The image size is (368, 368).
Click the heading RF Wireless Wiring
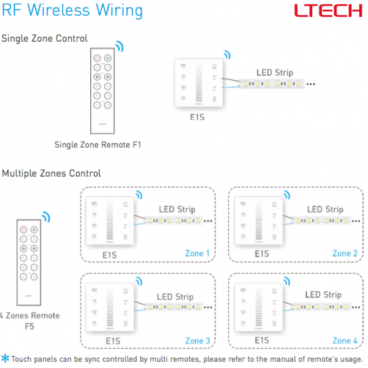click(x=72, y=11)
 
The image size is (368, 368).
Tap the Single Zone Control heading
click(x=44, y=39)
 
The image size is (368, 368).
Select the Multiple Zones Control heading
click(x=52, y=174)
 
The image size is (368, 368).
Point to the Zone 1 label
click(x=197, y=253)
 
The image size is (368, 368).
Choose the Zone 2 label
click(x=345, y=253)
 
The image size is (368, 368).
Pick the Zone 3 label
click(x=197, y=340)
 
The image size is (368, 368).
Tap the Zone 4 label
click(x=345, y=340)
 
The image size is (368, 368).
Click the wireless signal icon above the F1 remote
click(x=119, y=47)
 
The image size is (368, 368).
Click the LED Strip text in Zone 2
click(x=324, y=210)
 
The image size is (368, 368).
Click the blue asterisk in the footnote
click(x=5, y=358)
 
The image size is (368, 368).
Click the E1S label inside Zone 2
click(x=262, y=253)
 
